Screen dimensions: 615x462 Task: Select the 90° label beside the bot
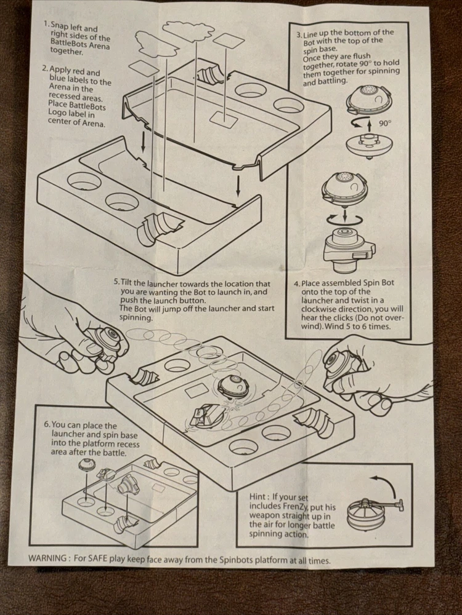click(x=385, y=123)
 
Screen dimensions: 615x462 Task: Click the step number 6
click(x=47, y=425)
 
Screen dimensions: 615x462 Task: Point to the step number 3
click(x=299, y=32)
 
